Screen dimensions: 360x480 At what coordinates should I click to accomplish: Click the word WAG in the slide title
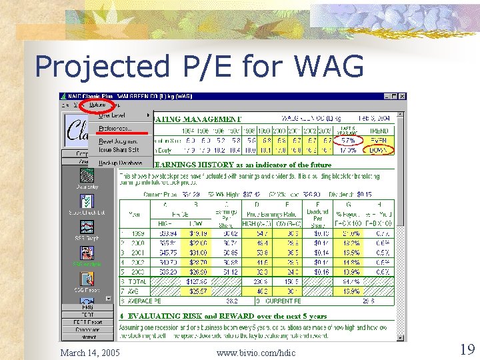pyautogui.click(x=329, y=66)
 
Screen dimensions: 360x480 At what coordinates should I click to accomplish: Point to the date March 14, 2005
pyautogui.click(x=90, y=352)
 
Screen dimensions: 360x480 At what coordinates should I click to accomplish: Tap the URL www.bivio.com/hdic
pyautogui.click(x=256, y=352)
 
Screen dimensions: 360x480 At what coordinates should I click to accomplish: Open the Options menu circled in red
pyautogui.click(x=97, y=105)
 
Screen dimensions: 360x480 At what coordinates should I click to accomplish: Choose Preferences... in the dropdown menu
pyautogui.click(x=115, y=128)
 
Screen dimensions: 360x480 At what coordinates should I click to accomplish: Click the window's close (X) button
pyautogui.click(x=401, y=97)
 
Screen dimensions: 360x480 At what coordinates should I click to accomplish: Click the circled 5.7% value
pyautogui.click(x=347, y=141)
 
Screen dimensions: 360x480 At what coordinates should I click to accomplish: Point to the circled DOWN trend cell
pyautogui.click(x=378, y=150)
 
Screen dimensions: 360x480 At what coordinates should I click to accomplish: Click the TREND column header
pyautogui.click(x=378, y=131)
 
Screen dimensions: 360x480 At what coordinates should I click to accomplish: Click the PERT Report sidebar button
pyautogui.click(x=87, y=323)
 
